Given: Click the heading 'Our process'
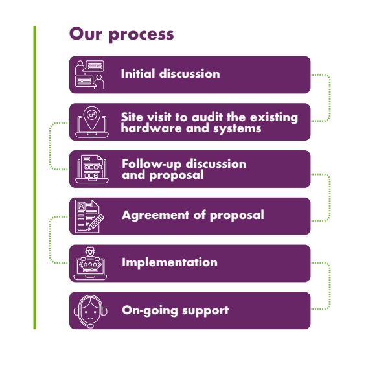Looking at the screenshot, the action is (x=122, y=34).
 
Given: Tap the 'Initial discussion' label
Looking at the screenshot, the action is (x=170, y=74).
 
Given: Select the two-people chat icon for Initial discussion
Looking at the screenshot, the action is (x=89, y=75).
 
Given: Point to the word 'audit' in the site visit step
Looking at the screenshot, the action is (x=207, y=117).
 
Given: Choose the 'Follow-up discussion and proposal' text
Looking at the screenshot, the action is (x=184, y=169).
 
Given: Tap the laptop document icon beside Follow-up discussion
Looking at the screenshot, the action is (x=92, y=168).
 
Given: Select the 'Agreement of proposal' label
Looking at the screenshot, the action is (x=193, y=215).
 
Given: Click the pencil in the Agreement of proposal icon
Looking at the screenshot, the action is (x=96, y=222).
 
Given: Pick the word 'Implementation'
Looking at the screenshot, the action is (x=170, y=262).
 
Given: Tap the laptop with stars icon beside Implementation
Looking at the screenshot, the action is (x=90, y=263).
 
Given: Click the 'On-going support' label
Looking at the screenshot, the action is (x=176, y=310).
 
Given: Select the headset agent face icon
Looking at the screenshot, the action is (x=90, y=311).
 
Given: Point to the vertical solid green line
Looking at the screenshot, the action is (x=35, y=177).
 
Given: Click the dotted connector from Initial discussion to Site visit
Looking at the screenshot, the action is (x=330, y=98).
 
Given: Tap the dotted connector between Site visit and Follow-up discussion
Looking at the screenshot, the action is (x=50, y=146).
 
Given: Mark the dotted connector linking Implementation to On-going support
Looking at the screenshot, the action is (x=330, y=286).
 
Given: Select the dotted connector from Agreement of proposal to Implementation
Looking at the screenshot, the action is (x=50, y=240).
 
